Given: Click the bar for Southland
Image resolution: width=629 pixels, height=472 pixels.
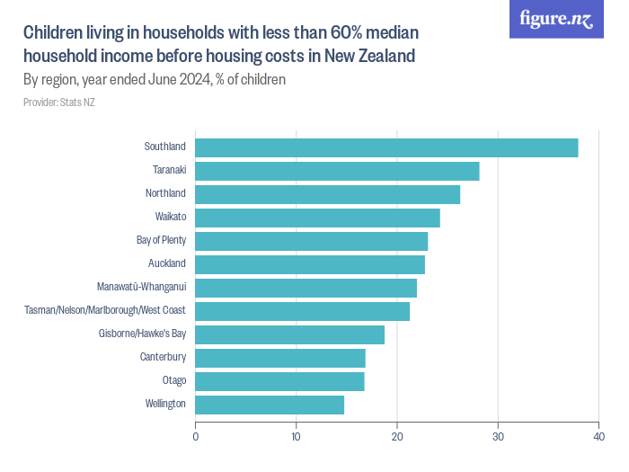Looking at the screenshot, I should point(386,147).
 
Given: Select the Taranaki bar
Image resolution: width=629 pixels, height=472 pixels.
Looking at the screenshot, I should point(337,171).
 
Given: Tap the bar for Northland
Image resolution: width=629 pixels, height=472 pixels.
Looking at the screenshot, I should point(327,194).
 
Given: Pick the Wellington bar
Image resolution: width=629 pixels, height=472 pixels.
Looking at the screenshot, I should point(270,405).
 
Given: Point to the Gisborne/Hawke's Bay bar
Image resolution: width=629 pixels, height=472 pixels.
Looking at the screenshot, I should point(289,334).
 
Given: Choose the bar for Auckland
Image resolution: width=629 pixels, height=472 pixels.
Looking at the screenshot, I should point(310,264).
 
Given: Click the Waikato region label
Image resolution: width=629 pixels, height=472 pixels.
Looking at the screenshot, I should point(170,217).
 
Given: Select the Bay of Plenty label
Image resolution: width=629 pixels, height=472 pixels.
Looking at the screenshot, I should point(161,240).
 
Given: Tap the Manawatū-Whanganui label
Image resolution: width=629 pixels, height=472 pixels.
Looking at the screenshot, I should point(141,287).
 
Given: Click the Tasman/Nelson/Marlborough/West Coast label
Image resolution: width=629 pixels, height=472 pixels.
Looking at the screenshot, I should point(104,310).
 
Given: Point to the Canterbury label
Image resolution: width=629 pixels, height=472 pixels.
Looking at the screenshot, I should point(163,357).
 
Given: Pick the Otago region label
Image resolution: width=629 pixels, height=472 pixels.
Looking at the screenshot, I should point(173,380).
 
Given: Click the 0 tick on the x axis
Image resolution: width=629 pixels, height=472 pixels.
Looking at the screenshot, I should point(196,438).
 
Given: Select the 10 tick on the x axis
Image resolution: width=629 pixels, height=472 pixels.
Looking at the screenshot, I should point(296,438).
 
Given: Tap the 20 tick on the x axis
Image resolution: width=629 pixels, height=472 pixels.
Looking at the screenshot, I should point(396,438).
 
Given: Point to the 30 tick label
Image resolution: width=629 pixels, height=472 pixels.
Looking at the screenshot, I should point(497,438).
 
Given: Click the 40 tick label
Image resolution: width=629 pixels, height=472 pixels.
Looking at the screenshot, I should point(598,438).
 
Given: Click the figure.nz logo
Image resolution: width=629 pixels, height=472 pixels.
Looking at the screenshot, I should point(556,19).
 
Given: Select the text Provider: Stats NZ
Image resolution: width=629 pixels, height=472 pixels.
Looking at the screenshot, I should point(58,102).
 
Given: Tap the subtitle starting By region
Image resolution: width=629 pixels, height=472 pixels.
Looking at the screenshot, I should point(154,79).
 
